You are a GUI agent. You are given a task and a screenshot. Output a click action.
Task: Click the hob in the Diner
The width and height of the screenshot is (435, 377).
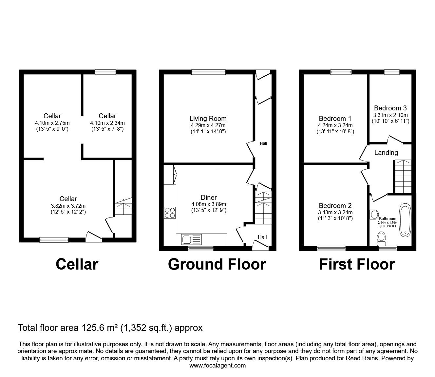click(170, 213)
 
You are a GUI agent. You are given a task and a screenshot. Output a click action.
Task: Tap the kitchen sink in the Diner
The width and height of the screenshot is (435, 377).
click(191, 239)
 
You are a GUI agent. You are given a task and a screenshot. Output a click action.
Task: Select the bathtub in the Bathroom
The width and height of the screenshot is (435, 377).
click(405, 220)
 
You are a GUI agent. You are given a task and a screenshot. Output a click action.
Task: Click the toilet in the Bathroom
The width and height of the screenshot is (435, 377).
click(381, 239)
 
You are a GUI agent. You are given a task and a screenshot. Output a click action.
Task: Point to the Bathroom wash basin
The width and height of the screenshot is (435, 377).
click(374, 215)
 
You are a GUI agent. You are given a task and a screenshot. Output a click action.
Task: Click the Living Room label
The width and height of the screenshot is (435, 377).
click(208, 119)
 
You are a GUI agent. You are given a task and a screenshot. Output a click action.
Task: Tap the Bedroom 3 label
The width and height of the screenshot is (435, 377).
click(390, 108)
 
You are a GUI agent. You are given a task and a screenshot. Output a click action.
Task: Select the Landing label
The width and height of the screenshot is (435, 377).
click(386, 153)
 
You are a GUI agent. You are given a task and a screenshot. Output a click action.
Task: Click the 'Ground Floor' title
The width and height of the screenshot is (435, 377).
click(217, 264)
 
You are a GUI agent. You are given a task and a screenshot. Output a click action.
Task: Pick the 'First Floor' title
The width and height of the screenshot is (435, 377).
click(357, 264)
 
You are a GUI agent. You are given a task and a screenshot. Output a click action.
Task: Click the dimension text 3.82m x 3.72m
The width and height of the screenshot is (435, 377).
click(68, 206)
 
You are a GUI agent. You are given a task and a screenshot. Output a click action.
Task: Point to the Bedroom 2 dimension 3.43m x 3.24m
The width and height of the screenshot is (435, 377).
click(335, 212)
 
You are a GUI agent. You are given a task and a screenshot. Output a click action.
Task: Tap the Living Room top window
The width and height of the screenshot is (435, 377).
click(209, 72)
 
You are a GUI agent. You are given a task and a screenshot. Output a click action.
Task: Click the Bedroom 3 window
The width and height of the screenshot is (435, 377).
click(392, 72)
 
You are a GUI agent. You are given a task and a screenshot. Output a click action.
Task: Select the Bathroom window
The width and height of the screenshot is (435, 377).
click(388, 248)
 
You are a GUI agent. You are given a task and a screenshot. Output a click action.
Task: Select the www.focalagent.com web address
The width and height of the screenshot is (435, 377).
click(217, 366)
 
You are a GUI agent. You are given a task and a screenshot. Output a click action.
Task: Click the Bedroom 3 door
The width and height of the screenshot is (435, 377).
click(395, 140)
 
